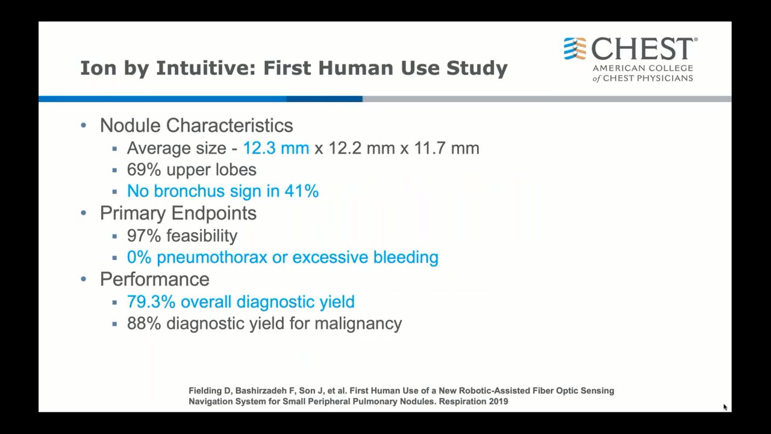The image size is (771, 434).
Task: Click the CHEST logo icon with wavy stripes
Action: pyautogui.click(x=575, y=49)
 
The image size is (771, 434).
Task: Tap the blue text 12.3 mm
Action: pyautogui.click(x=276, y=148)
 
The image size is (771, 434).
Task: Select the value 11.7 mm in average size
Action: pyautogui.click(x=446, y=148)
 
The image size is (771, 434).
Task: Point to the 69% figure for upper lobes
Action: pyautogui.click(x=144, y=169)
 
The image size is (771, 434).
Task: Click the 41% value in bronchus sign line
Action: pyautogui.click(x=302, y=191)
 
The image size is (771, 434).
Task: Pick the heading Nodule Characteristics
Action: pyautogui.click(x=196, y=125)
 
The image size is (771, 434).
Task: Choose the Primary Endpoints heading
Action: pyautogui.click(x=178, y=213)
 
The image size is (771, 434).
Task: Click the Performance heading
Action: pyautogui.click(x=155, y=279)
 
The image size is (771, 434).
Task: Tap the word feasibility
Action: pyautogui.click(x=202, y=236)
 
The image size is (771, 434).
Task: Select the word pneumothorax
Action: pyautogui.click(x=212, y=257)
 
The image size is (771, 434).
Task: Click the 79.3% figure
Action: pyautogui.click(x=151, y=302)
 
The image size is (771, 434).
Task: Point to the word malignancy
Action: pyautogui.click(x=358, y=324)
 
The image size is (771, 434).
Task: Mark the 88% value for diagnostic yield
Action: pyautogui.click(x=144, y=324)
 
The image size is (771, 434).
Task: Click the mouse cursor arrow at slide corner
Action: pyautogui.click(x=725, y=407)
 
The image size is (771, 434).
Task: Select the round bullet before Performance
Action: pyautogui.click(x=84, y=279)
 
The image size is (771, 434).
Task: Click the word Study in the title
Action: pyautogui.click(x=477, y=68)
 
